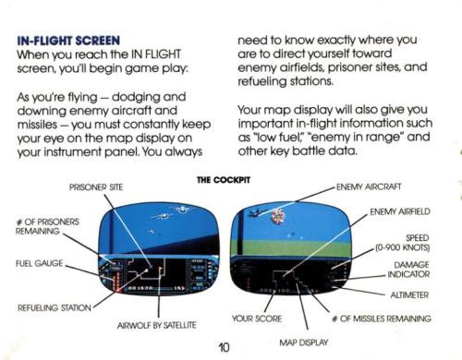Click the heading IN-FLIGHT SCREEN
pyautogui.click(x=68, y=41)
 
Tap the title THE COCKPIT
pyautogui.click(x=224, y=180)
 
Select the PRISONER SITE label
pyautogui.click(x=96, y=187)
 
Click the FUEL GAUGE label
pyautogui.click(x=40, y=263)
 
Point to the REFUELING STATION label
pyautogui.click(x=55, y=307)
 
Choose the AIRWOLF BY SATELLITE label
pyautogui.click(x=156, y=325)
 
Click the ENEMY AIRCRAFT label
pyautogui.click(x=369, y=186)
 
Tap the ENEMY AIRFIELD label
pyautogui.click(x=400, y=211)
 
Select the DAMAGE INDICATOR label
pyautogui.click(x=408, y=270)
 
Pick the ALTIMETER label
pyautogui.click(x=409, y=294)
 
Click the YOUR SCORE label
pyautogui.click(x=257, y=318)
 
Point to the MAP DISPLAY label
pyautogui.click(x=304, y=342)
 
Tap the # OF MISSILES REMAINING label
pyautogui.click(x=382, y=318)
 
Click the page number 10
pyautogui.click(x=224, y=347)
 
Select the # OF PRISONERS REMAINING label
pyautogui.click(x=47, y=226)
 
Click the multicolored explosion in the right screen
pyautogui.click(x=277, y=216)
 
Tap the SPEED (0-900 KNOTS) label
pyautogui.click(x=402, y=243)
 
